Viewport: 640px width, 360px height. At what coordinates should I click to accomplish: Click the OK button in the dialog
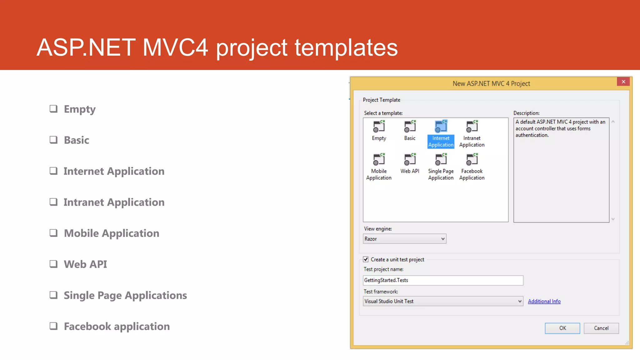[562, 328]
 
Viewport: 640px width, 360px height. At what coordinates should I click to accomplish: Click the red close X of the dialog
[623, 82]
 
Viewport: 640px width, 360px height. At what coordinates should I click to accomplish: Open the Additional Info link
[544, 301]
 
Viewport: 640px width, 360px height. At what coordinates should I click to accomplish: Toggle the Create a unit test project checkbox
[366, 259]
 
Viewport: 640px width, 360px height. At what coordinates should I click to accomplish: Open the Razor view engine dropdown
[404, 239]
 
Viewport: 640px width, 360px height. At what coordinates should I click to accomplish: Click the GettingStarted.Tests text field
[443, 280]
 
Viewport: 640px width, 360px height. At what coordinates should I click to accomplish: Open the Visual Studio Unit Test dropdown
[443, 301]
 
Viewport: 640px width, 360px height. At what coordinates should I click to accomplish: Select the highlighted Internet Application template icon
[441, 127]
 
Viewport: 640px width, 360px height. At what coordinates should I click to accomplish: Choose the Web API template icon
[410, 160]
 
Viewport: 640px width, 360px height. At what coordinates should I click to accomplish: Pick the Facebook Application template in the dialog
[472, 160]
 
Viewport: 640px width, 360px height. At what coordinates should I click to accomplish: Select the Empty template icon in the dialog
[379, 127]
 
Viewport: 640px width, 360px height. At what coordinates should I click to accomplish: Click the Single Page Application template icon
[441, 160]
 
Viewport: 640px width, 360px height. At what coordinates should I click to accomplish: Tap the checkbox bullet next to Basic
[54, 140]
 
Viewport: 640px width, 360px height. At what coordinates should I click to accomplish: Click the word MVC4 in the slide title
[175, 47]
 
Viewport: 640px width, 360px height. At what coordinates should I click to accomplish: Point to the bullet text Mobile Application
[112, 233]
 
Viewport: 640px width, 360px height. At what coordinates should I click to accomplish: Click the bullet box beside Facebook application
[54, 326]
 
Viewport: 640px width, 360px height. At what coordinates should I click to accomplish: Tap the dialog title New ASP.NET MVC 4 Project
[491, 84]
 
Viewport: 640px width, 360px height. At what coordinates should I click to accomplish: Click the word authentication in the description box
[532, 135]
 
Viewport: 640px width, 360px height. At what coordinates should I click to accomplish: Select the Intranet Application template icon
[472, 127]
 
